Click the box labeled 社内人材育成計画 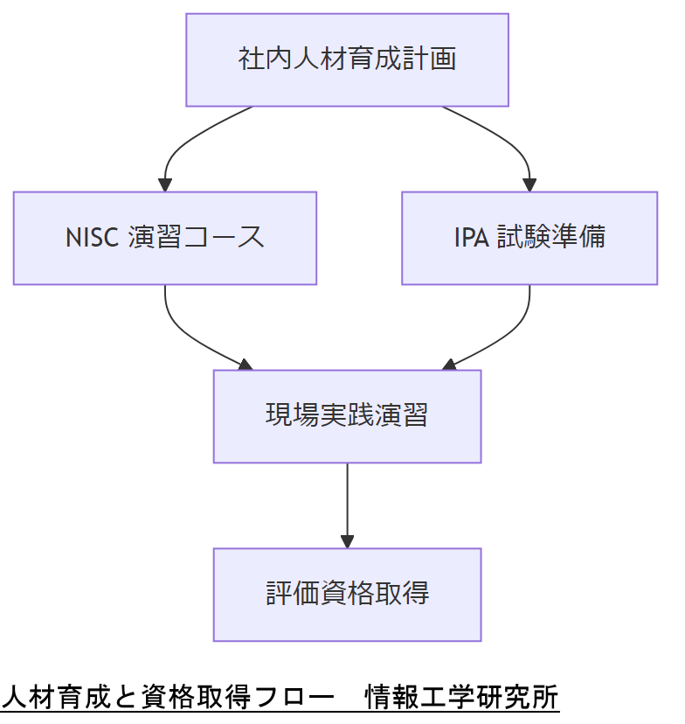click(347, 59)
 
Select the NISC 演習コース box click(164, 238)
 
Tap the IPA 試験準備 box click(529, 238)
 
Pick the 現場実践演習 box click(347, 415)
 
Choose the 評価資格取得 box click(347, 594)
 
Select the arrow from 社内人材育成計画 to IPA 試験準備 click(507, 140)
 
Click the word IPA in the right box click(472, 238)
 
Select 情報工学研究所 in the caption click(462, 697)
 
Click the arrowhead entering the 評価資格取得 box click(347, 541)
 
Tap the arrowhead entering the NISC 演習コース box click(164, 184)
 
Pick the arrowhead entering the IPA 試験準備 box click(529, 184)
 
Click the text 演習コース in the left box click(196, 238)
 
